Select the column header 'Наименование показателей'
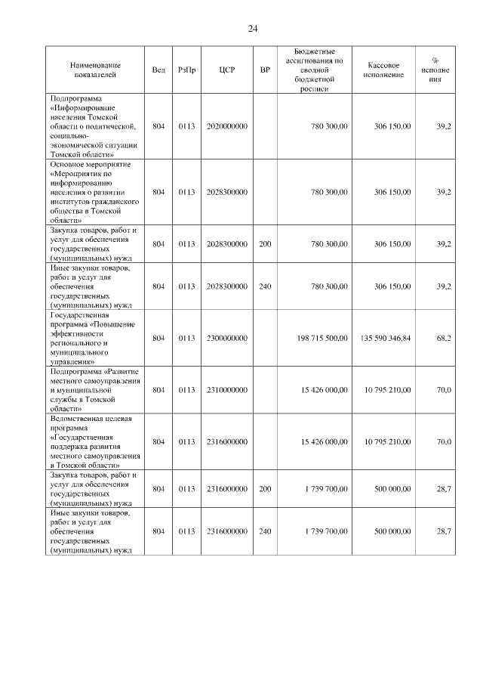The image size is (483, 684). (95, 70)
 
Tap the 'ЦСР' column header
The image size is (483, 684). (226, 70)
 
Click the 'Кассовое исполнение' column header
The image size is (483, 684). (383, 70)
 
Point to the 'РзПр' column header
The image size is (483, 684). (186, 70)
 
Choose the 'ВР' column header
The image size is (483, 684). (265, 70)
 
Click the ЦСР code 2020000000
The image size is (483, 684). (226, 126)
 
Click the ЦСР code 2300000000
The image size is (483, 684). (226, 338)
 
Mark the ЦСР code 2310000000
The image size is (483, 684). (226, 390)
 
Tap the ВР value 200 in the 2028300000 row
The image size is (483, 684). (265, 244)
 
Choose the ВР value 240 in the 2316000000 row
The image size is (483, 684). (265, 531)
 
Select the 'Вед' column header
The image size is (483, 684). (158, 70)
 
